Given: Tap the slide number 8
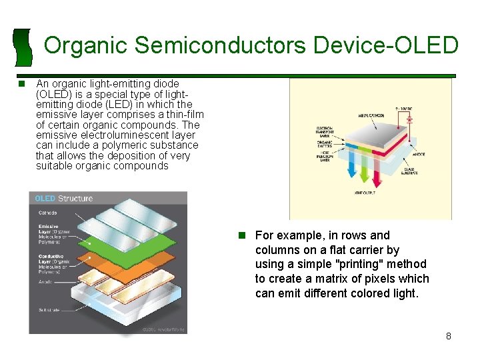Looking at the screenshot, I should tap(448, 336).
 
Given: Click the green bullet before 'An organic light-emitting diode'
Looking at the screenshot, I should tap(22, 84).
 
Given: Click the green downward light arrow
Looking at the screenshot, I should tap(364, 175).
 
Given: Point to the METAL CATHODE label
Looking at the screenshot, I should tap(371, 115).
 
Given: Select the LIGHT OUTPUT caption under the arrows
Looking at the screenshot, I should tap(364, 193).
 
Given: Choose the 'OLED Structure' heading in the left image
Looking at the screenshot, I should tap(64, 198).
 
